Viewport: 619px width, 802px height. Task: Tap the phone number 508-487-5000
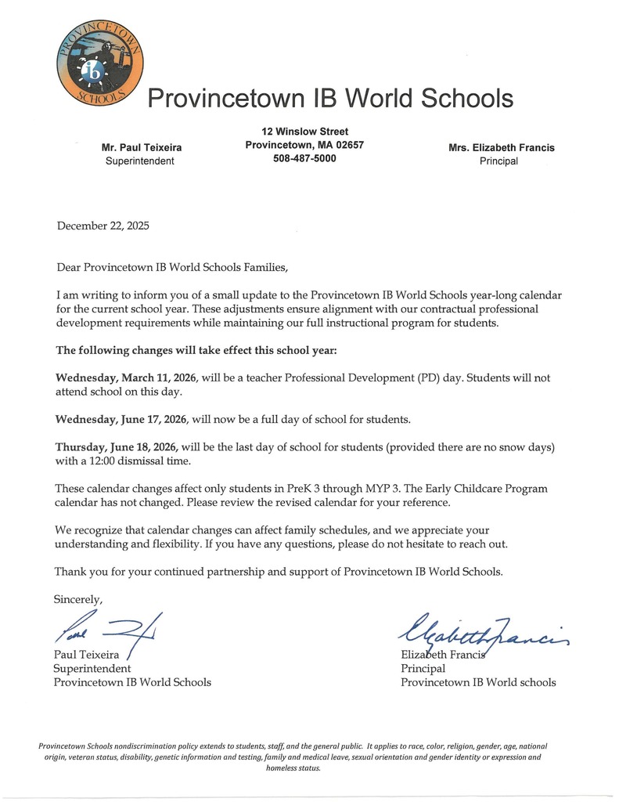pyautogui.click(x=304, y=158)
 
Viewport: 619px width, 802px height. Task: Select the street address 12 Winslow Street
pyautogui.click(x=304, y=132)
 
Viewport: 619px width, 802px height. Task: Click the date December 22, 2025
pyautogui.click(x=103, y=226)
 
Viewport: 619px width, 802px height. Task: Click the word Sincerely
pyautogui.click(x=78, y=599)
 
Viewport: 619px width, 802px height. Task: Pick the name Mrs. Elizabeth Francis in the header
pyautogui.click(x=501, y=147)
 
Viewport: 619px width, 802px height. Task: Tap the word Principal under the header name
pyautogui.click(x=498, y=161)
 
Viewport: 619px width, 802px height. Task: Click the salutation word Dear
pyautogui.click(x=70, y=267)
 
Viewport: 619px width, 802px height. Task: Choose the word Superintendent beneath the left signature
pyautogui.click(x=92, y=668)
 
